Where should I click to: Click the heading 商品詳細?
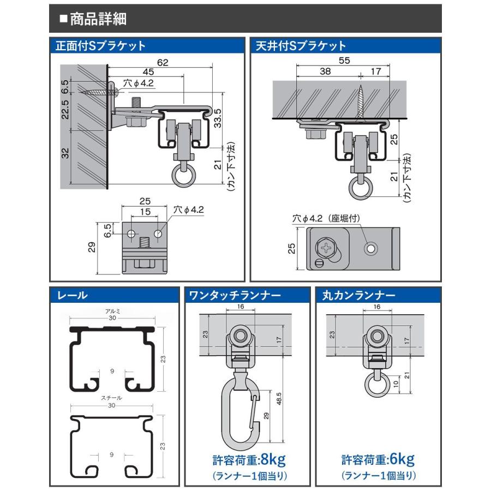(98, 19)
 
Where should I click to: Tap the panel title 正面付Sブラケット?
(100, 46)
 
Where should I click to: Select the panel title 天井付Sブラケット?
(301, 46)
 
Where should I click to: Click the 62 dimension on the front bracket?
(163, 63)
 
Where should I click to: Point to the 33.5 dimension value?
(218, 118)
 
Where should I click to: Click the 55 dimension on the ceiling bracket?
(344, 61)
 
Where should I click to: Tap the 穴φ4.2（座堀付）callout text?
(326, 218)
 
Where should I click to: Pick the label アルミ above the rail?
(113, 311)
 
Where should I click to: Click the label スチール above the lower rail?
(111, 398)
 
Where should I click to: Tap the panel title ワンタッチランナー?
(235, 295)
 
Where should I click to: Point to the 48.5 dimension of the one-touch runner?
(279, 399)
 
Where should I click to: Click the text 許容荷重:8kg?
(249, 460)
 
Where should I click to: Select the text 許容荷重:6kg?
(378, 460)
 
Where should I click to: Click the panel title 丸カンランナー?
(359, 295)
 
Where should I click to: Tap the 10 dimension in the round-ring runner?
(396, 384)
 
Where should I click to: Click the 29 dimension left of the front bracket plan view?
(92, 247)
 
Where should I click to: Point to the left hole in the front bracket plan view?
(131, 233)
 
